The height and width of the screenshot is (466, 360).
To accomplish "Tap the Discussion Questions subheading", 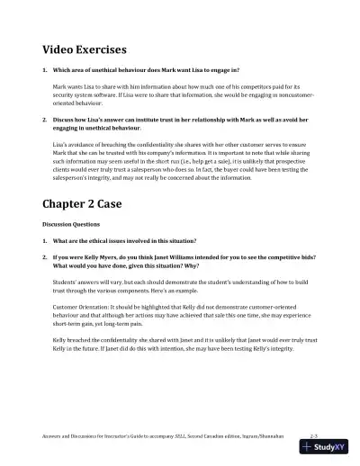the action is click(75, 223).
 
